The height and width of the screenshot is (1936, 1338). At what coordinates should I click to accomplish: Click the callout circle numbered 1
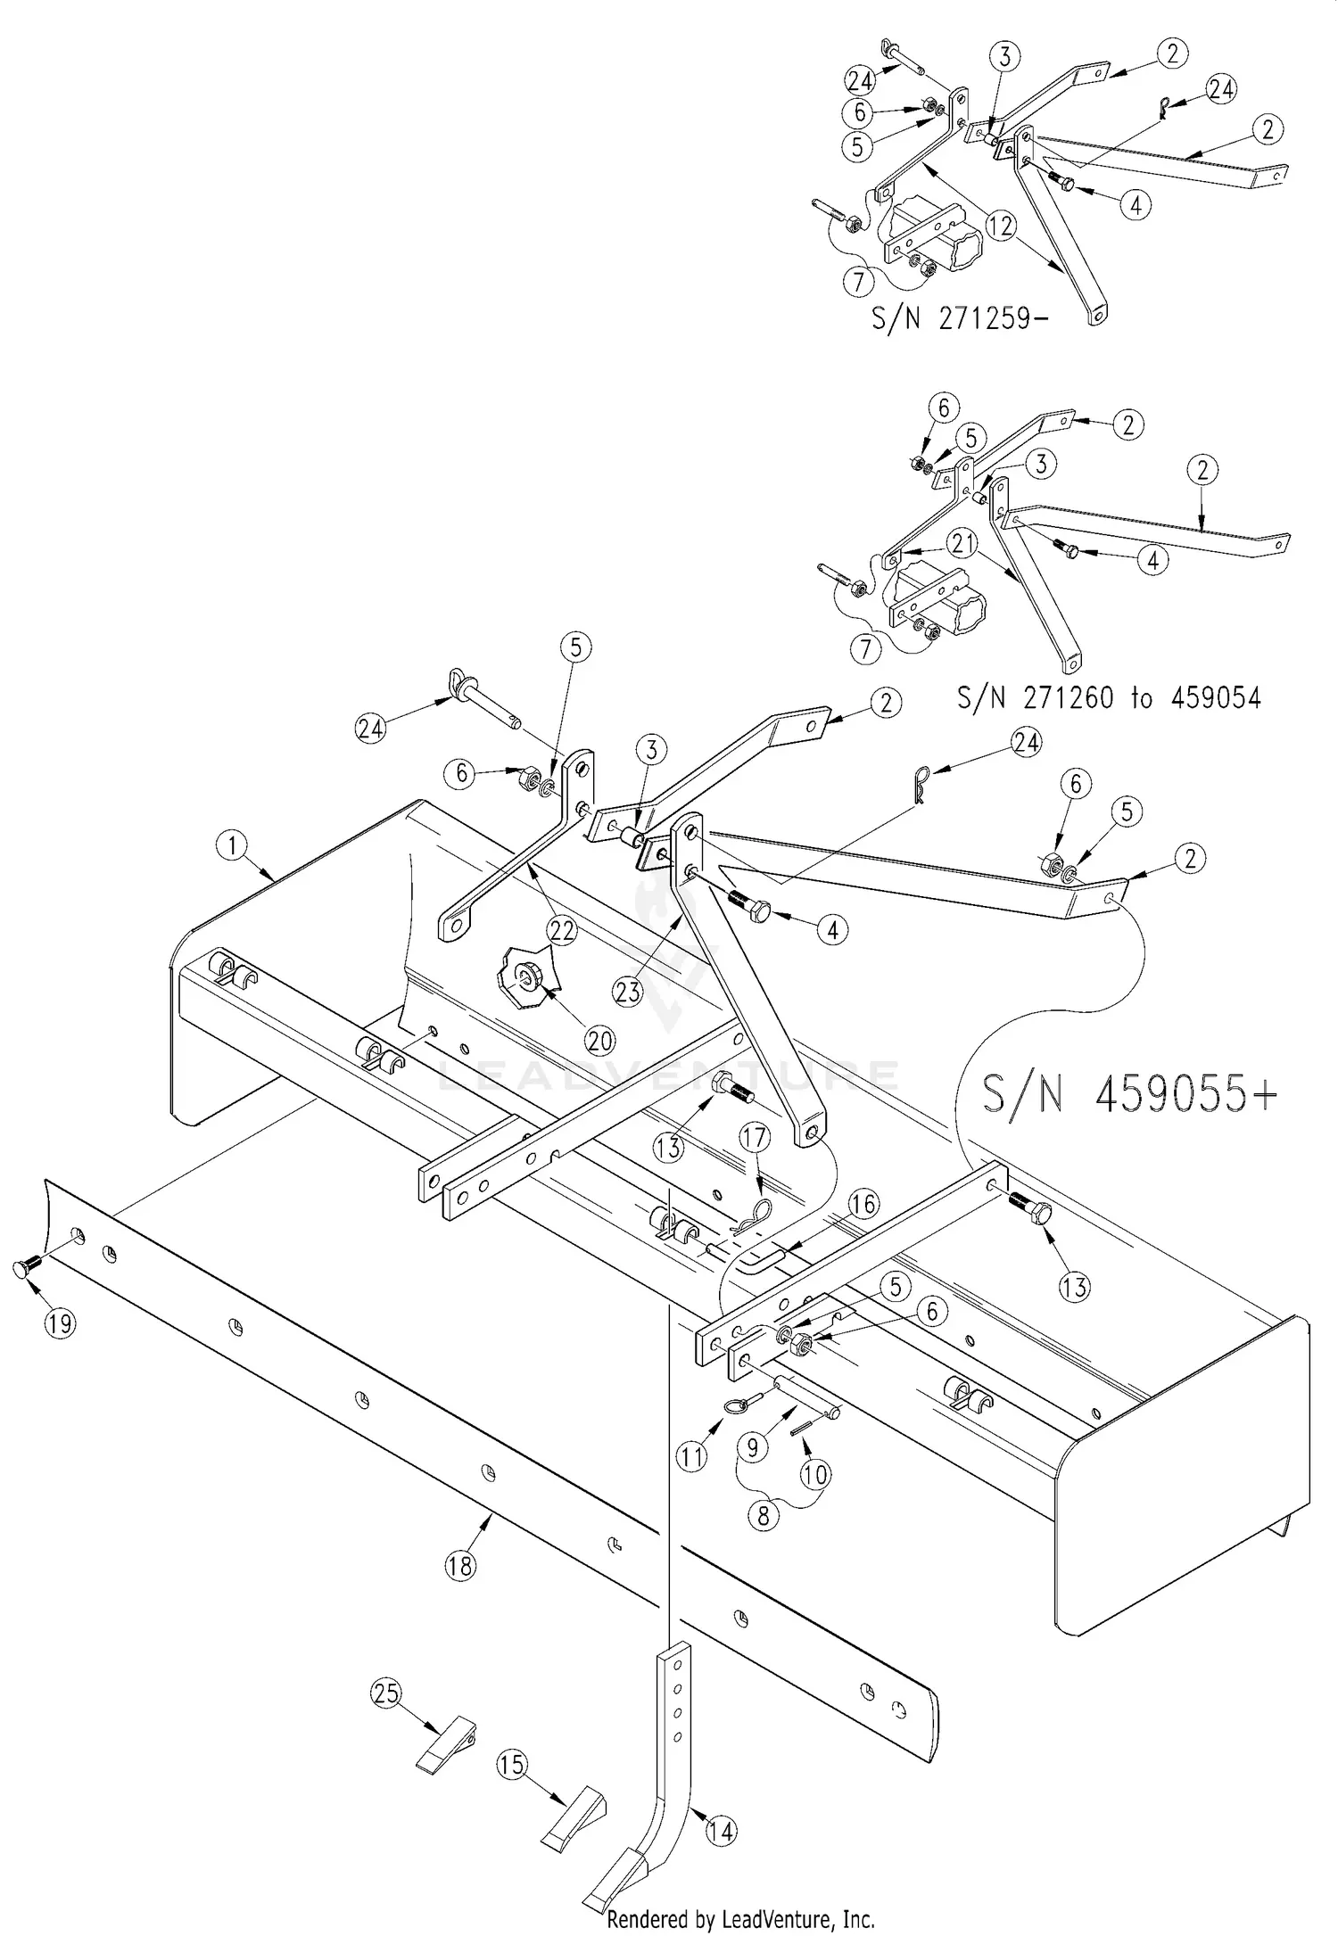point(232,845)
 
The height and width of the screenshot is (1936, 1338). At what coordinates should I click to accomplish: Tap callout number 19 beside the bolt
point(60,1323)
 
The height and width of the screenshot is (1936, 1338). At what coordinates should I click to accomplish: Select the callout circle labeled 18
point(460,1566)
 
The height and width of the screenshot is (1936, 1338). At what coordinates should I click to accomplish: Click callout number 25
point(386,1693)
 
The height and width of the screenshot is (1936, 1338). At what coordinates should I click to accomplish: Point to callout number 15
point(512,1765)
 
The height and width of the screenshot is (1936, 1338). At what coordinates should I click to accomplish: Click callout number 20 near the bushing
point(599,1040)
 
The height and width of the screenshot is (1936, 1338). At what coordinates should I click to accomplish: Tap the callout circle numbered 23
point(629,992)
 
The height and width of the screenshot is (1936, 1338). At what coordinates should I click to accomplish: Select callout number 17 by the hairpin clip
point(755,1137)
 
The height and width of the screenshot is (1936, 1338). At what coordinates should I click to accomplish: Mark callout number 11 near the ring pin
point(691,1457)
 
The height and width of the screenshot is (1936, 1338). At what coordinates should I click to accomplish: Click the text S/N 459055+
point(1129,1094)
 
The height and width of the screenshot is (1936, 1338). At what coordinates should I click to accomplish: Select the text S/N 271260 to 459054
point(1109,696)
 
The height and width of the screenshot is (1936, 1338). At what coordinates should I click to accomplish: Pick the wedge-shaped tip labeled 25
point(446,1742)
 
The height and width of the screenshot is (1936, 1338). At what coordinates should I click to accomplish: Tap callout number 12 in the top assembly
point(1002,226)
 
